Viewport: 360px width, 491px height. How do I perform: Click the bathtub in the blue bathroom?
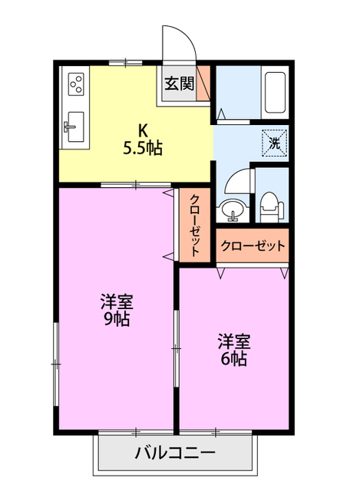point(274,92)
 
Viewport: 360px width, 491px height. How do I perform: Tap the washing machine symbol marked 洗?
point(274,142)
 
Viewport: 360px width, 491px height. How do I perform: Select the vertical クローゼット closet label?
point(196,223)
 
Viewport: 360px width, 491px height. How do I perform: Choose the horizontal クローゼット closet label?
point(253,246)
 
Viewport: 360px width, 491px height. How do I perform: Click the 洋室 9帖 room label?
point(115,309)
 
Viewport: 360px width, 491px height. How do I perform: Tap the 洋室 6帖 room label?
point(233,349)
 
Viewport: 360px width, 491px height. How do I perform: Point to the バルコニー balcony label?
point(175,452)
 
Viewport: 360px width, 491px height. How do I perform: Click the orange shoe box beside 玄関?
point(203,84)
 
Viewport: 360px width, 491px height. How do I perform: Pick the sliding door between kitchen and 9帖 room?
point(134,185)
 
